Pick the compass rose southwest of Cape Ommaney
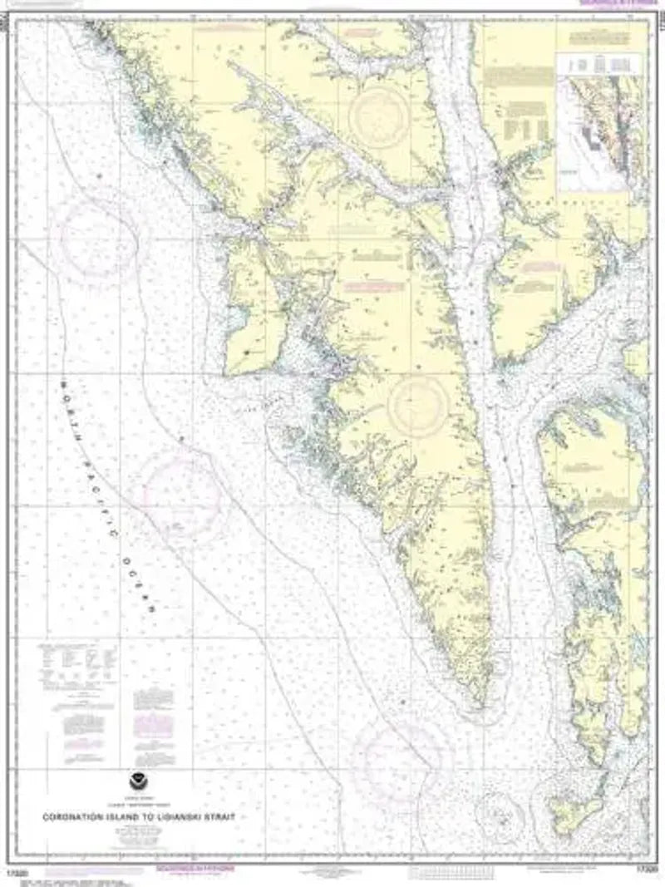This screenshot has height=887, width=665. coord(402,760)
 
